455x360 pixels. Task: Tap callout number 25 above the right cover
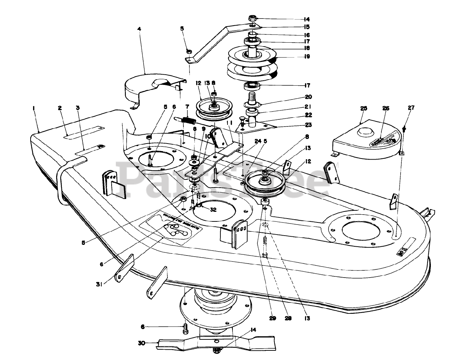(x=363, y=108)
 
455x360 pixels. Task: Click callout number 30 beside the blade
(x=141, y=343)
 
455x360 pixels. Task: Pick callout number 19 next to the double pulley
(x=307, y=56)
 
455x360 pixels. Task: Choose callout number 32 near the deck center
(x=213, y=210)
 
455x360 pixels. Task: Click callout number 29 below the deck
(x=272, y=318)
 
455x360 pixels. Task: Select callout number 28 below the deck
(x=288, y=318)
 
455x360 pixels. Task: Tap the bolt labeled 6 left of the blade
(x=186, y=328)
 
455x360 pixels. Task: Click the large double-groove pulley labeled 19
(x=252, y=64)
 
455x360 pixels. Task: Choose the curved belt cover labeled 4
(x=149, y=89)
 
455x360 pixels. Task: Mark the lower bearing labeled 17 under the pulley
(x=252, y=85)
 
